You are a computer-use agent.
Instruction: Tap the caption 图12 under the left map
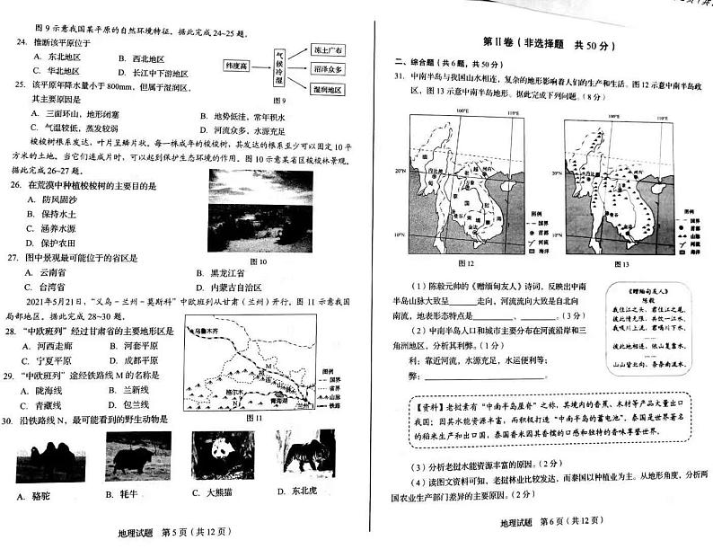[x=464, y=263]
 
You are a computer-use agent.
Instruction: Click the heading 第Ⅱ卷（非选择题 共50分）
[x=541, y=41]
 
